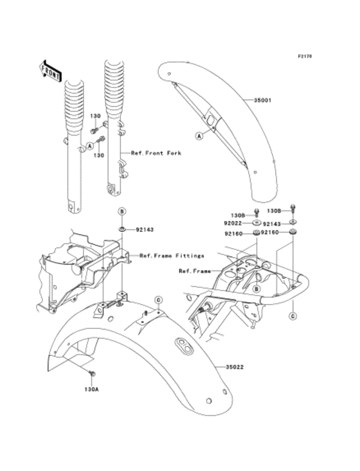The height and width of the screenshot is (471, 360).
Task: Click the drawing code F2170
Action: coord(305,57)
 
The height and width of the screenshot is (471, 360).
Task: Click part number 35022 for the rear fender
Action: coord(235,368)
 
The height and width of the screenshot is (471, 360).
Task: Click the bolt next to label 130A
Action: coord(92,374)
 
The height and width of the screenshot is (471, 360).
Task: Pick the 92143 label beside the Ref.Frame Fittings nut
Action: coord(145,229)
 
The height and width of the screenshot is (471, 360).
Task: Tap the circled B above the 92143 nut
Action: coord(121,211)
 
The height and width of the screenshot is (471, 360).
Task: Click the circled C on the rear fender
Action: coord(158,299)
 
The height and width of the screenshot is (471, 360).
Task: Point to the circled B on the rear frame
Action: coord(256,290)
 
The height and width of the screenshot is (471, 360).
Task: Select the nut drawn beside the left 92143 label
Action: coord(121,229)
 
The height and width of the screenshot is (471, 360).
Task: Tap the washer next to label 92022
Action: coord(256,224)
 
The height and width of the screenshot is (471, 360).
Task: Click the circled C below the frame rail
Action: coord(292,316)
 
